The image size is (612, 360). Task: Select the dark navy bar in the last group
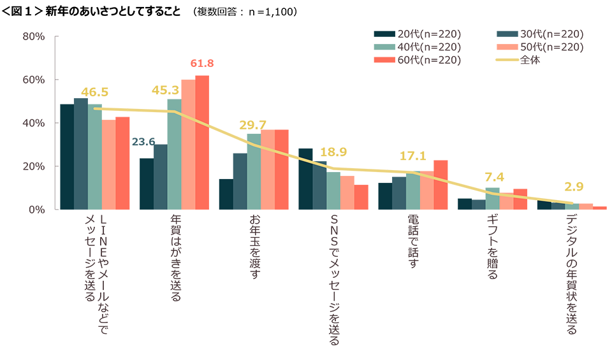pyautogui.click(x=541, y=220)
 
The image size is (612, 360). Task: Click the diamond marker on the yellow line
pyautogui.click(x=294, y=155)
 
